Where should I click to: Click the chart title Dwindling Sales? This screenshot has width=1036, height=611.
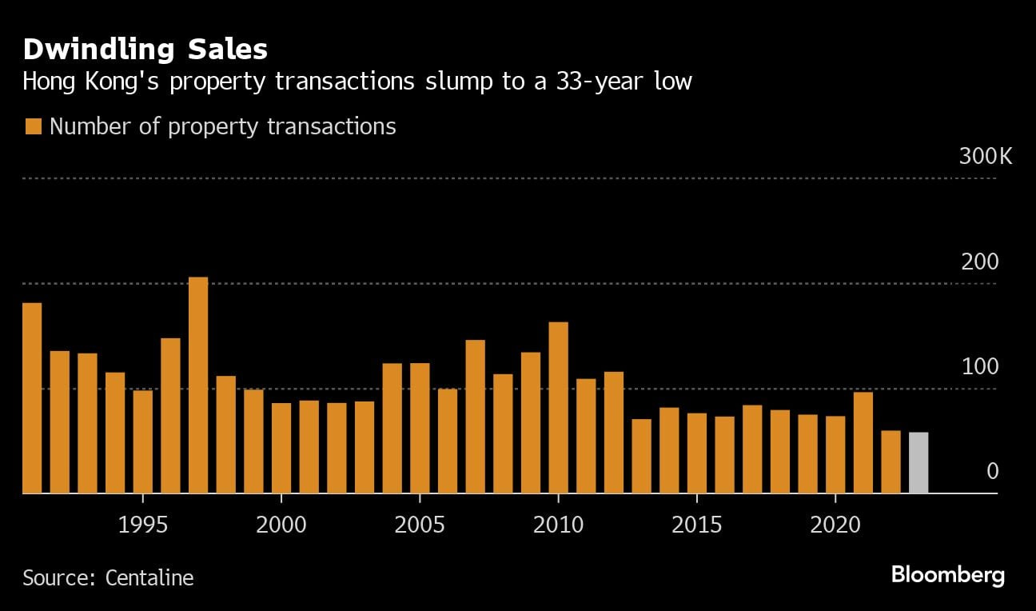tap(145, 50)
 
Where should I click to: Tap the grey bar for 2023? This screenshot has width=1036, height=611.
tap(918, 463)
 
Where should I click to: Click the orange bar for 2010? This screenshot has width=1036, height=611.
tap(558, 408)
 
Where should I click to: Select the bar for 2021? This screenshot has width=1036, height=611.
tap(863, 443)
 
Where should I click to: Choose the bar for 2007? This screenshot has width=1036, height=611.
tap(475, 417)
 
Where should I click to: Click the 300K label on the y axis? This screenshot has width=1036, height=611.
tap(985, 156)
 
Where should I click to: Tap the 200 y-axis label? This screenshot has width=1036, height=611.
tap(979, 262)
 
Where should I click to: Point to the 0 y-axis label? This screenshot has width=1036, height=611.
tap(992, 472)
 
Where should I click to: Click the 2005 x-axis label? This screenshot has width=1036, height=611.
tap(420, 525)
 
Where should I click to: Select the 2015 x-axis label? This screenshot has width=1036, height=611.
tap(696, 525)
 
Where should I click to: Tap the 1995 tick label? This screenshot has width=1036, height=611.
tap(143, 525)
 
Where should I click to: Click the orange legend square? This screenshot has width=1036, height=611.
tap(33, 126)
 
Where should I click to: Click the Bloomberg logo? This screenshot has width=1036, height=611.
tap(947, 575)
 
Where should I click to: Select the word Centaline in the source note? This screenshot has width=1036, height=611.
tap(149, 577)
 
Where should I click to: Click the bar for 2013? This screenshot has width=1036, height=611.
tap(641, 457)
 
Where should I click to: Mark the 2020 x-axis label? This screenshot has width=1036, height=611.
tap(835, 525)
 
